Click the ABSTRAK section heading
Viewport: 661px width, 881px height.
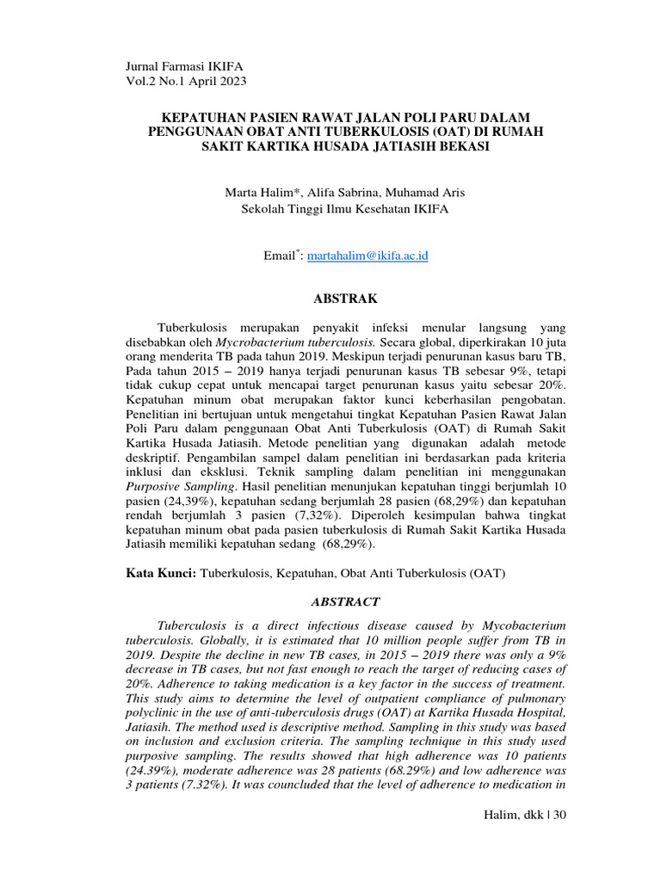pyautogui.click(x=343, y=299)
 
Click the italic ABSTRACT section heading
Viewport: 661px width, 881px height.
pyautogui.click(x=343, y=603)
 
